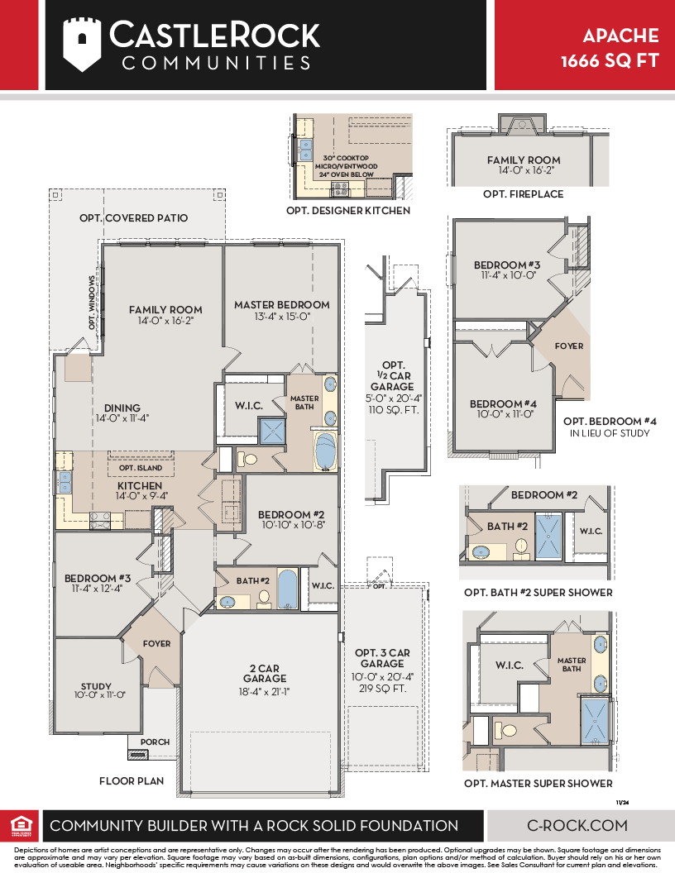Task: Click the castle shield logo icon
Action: pos(83,45)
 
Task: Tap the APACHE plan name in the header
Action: pos(621,36)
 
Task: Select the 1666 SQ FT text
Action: pos(610,60)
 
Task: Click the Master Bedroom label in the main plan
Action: pos(282,305)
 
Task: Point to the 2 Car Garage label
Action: pos(265,673)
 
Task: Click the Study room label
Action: pos(96,686)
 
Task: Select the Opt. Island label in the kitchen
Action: pos(141,468)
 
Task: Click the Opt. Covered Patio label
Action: pos(134,218)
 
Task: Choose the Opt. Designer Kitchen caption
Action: pos(348,211)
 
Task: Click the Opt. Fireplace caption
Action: pos(524,193)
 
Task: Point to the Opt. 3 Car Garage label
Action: pos(383,658)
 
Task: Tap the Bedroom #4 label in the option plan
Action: pos(503,404)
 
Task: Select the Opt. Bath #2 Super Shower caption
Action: pos(539,593)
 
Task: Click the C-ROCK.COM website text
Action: pos(577,825)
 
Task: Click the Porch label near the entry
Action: pos(155,742)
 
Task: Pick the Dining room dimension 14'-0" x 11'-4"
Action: pos(122,418)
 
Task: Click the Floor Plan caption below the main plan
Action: pos(132,780)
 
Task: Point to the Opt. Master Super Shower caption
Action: pos(539,784)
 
